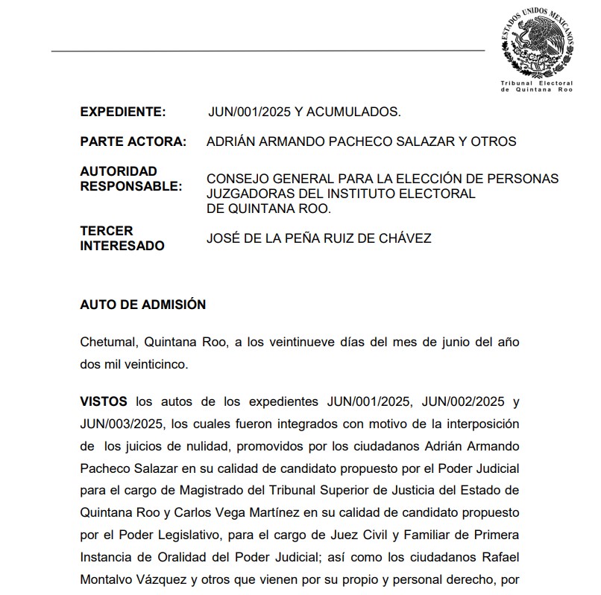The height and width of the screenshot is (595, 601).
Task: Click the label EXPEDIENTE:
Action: point(122,112)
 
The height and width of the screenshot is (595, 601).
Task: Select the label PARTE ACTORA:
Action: point(133,141)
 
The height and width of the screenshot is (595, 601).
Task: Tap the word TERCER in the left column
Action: point(107,231)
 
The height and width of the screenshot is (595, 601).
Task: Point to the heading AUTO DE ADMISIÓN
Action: point(142,305)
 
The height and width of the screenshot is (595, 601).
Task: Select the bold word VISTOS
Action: point(104,401)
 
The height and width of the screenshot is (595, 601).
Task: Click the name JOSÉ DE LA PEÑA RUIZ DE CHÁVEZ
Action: point(318,238)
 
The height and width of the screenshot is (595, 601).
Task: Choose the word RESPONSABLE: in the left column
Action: point(130,186)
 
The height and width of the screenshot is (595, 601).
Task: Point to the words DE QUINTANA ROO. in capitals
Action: point(268,209)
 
